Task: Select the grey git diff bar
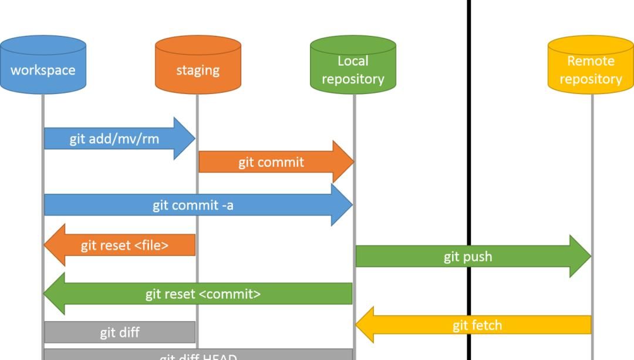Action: click(120, 332)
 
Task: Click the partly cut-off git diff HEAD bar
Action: click(198, 355)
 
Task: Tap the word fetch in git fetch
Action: click(486, 325)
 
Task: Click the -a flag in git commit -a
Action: click(227, 205)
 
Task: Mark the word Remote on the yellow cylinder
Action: click(591, 61)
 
